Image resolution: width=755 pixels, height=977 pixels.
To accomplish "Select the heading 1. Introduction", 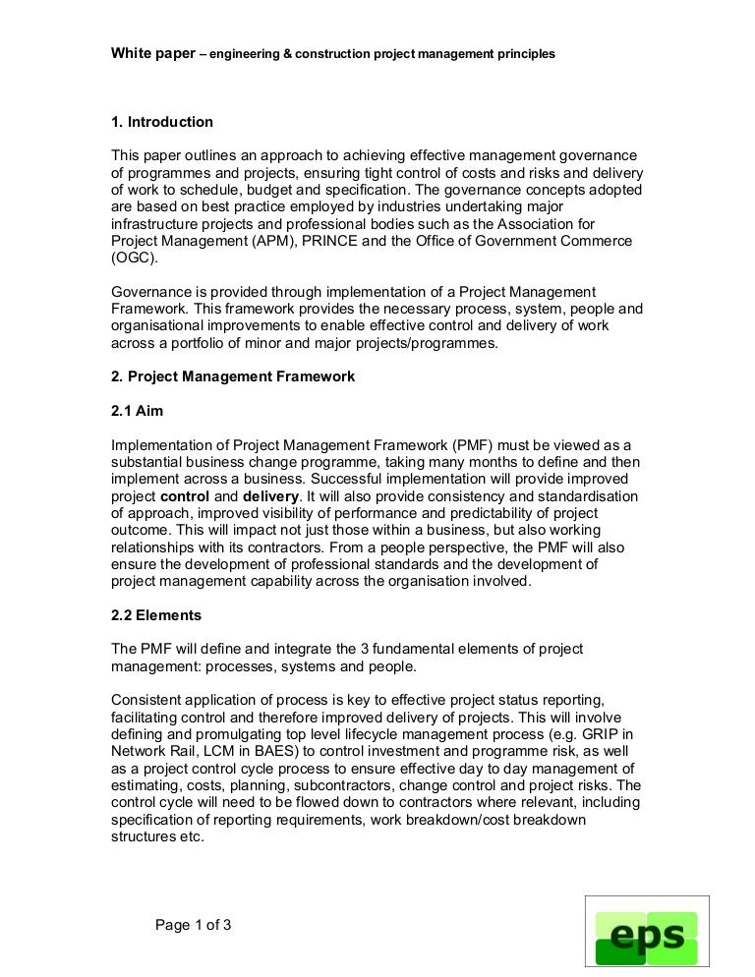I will click(162, 122).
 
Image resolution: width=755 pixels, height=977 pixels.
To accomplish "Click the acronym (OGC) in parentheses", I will click(133, 259).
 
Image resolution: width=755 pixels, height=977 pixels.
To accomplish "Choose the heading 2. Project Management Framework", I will click(233, 376).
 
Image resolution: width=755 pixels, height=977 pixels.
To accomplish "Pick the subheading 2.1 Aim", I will click(138, 411).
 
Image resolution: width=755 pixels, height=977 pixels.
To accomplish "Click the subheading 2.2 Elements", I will click(156, 615).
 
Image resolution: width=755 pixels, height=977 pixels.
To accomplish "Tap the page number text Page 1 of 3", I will click(194, 925).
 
